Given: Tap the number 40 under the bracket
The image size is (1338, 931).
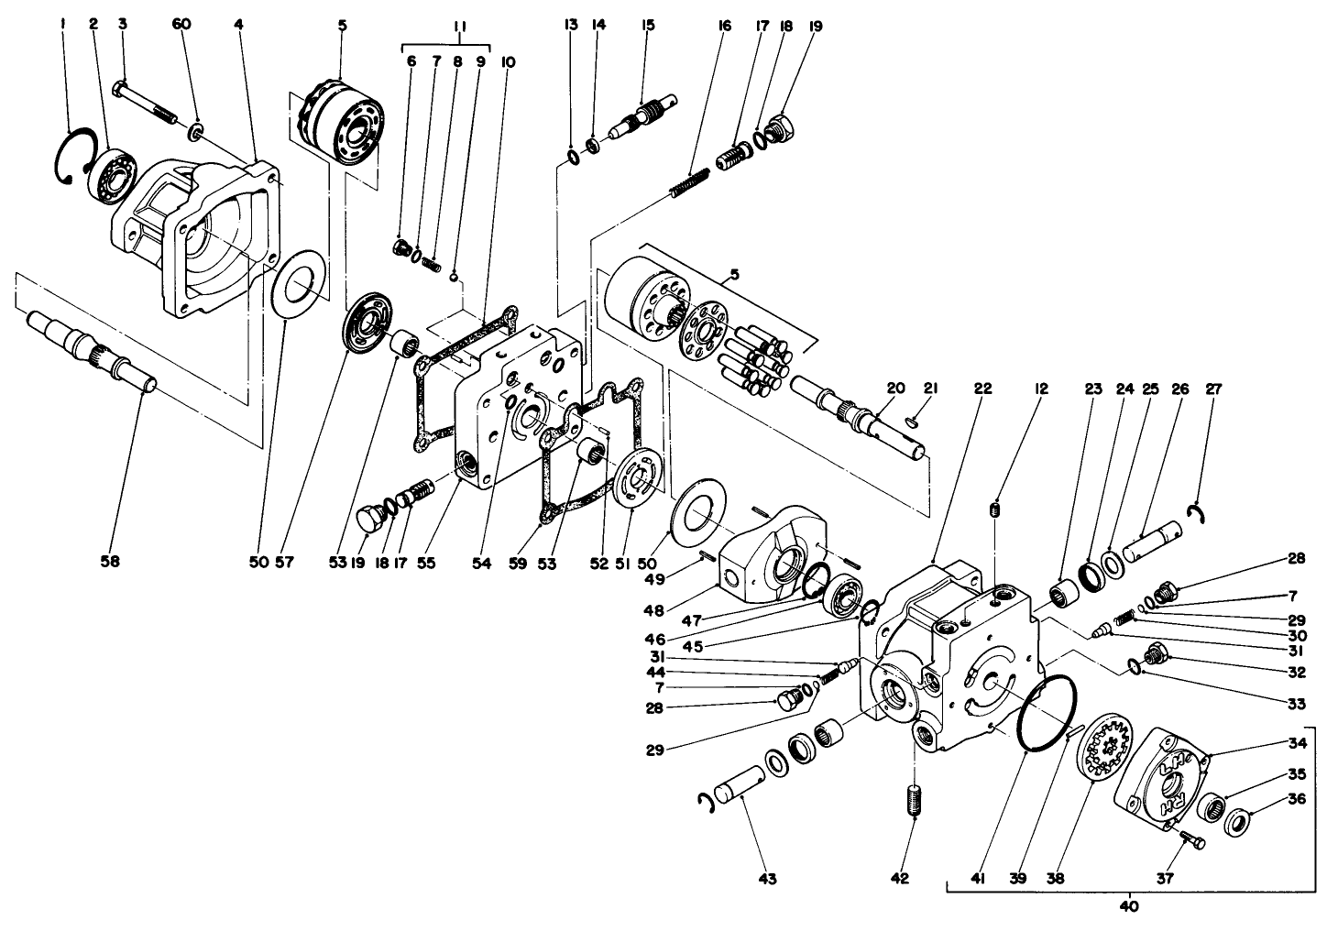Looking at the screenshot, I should coord(1129,907).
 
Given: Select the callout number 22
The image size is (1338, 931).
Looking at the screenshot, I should coord(982,388).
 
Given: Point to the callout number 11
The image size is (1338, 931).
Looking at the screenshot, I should coord(460,27).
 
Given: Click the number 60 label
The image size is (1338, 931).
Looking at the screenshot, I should coord(181,25).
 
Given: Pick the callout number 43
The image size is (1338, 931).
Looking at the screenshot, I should coord(767,879).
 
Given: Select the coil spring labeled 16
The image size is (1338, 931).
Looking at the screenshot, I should coord(690,183).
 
